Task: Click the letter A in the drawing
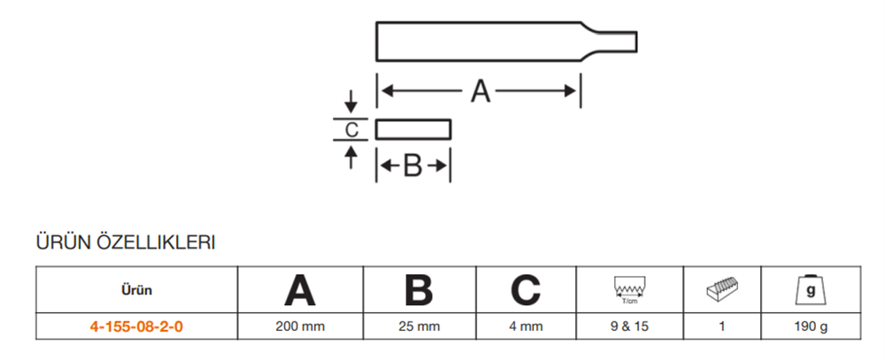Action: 481,91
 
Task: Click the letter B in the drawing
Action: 412,166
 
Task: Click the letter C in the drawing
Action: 351,130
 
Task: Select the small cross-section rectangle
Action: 413,129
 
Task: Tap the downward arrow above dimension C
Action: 351,102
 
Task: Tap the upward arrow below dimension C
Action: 351,157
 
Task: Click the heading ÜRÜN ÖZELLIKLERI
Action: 126,243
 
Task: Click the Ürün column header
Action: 136,291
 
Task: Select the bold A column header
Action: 300,291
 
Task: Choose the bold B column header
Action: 419,291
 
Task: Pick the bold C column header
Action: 526,291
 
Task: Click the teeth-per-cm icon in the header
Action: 628,290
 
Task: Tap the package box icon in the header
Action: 722,289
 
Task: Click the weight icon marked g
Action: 811,289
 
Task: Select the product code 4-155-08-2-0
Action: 136,326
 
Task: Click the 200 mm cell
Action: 300,326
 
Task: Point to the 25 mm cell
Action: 419,326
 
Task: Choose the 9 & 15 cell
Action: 629,326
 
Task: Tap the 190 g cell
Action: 811,326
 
